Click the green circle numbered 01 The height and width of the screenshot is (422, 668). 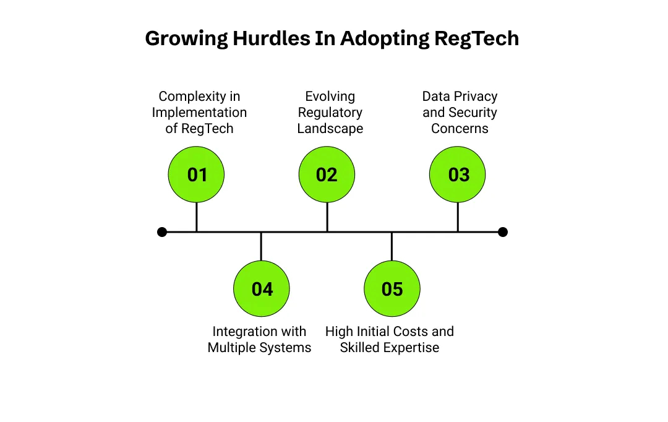pyautogui.click(x=196, y=174)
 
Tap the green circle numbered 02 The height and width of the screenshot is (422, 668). pyautogui.click(x=327, y=174)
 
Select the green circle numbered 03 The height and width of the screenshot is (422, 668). pyautogui.click(x=458, y=174)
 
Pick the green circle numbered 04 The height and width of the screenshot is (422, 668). pyautogui.click(x=262, y=289)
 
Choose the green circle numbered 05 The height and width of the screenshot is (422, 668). pyautogui.click(x=392, y=289)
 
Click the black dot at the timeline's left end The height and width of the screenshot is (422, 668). pyautogui.click(x=162, y=232)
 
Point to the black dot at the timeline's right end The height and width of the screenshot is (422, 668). pyautogui.click(x=503, y=232)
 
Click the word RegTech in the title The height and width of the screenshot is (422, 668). pyautogui.click(x=476, y=38)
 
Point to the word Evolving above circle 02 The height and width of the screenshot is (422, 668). pyautogui.click(x=330, y=97)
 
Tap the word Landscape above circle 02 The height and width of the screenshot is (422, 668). pyautogui.click(x=330, y=129)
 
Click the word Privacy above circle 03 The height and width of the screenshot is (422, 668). pyautogui.click(x=476, y=97)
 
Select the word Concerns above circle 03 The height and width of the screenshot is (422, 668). pyautogui.click(x=460, y=129)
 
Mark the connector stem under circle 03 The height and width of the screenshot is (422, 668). pyautogui.click(x=458, y=217)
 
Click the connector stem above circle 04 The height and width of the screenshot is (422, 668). pyautogui.click(x=261, y=246)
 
